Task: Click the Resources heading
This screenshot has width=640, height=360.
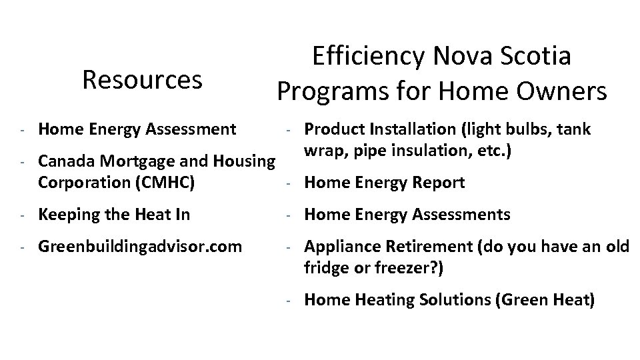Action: (x=141, y=80)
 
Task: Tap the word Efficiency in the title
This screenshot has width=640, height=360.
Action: (x=367, y=57)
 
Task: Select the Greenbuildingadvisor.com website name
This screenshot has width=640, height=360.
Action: (x=140, y=247)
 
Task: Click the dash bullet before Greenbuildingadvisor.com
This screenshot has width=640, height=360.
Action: (x=22, y=247)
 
